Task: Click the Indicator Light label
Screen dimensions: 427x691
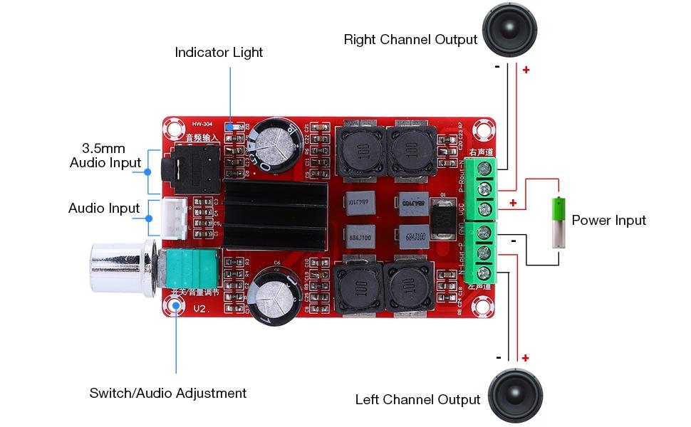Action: tap(219, 53)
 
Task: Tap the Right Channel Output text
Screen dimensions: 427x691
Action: tap(410, 39)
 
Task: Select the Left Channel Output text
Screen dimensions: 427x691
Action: tap(417, 399)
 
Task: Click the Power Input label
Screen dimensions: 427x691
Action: tap(608, 220)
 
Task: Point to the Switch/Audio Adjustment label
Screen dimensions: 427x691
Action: tap(167, 393)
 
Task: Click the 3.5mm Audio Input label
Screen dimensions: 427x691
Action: tap(105, 155)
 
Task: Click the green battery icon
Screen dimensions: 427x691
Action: tap(559, 222)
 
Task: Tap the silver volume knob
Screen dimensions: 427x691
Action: tap(118, 270)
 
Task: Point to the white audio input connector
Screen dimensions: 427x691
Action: tap(175, 217)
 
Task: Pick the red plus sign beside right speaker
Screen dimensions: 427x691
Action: tap(526, 70)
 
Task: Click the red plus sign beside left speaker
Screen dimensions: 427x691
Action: tap(525, 358)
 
